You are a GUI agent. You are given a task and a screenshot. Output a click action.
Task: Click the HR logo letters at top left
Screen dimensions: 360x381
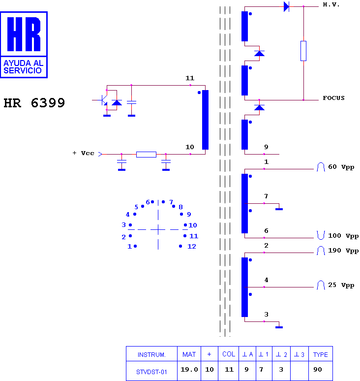[24, 34]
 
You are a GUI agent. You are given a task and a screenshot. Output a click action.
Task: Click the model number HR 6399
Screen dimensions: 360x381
[34, 103]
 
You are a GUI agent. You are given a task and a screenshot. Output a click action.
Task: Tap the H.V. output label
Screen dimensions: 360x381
[331, 4]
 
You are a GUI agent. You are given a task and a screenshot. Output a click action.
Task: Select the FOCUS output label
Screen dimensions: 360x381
[333, 98]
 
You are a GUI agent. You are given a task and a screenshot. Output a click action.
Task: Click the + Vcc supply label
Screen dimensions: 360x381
[83, 153]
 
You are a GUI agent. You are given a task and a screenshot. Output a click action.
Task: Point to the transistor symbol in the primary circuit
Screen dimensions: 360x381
[103, 100]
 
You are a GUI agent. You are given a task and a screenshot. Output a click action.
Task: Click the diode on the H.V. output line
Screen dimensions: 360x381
[286, 6]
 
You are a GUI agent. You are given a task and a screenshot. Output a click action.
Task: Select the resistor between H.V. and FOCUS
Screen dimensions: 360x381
[303, 51]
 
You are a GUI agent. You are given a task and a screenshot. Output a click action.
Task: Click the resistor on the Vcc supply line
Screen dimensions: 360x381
[146, 154]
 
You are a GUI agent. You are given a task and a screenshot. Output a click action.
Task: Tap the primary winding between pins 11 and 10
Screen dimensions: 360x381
[206, 120]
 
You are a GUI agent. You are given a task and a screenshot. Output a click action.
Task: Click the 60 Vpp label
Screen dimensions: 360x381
[341, 167]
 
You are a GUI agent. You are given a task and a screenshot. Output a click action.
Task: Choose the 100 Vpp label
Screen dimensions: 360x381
[343, 236]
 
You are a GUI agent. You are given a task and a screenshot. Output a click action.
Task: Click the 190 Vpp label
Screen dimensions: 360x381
[343, 251]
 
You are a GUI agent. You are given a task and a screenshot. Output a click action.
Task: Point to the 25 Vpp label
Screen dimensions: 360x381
[341, 285]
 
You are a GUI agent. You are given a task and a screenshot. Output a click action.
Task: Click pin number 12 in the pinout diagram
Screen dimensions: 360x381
[191, 247]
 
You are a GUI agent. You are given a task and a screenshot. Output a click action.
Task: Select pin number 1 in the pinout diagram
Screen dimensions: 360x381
[130, 247]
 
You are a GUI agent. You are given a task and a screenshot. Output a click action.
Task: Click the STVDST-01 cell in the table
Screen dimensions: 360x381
[151, 372]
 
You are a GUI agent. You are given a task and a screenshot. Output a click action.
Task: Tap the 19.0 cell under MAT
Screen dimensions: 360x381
[189, 370]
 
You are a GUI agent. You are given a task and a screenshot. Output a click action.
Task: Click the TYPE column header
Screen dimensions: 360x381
[321, 354]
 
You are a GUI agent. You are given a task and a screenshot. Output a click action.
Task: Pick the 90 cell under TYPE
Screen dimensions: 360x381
[318, 370]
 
